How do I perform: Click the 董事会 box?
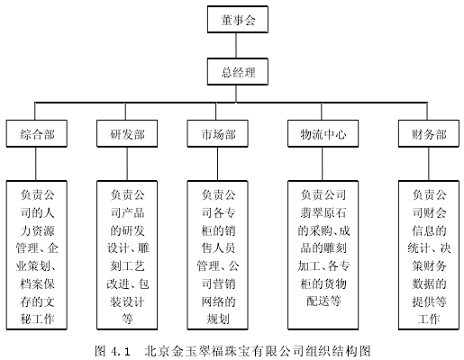pos(237,19)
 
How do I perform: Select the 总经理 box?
pos(237,72)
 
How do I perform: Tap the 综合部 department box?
pos(36,133)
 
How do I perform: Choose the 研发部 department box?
pos(127,133)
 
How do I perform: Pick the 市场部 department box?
pos(217,133)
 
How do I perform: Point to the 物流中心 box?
pos(323,133)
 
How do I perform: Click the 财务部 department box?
pos(429,133)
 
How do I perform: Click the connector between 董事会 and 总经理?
pos(236,46)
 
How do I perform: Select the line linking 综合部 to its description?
pos(36,164)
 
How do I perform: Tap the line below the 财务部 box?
pos(429,164)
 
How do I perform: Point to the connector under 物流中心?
pos(323,164)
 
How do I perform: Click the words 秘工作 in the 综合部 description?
pos(37,319)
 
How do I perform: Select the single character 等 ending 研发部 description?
pos(127,319)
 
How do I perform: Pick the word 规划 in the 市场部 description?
pos(218,319)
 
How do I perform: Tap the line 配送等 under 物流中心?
pos(323,301)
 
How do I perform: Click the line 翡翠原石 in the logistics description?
pos(323,212)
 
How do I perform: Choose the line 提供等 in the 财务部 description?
pos(429,301)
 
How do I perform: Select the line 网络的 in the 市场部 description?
pos(218,301)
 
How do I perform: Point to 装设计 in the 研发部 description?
pos(127,301)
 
